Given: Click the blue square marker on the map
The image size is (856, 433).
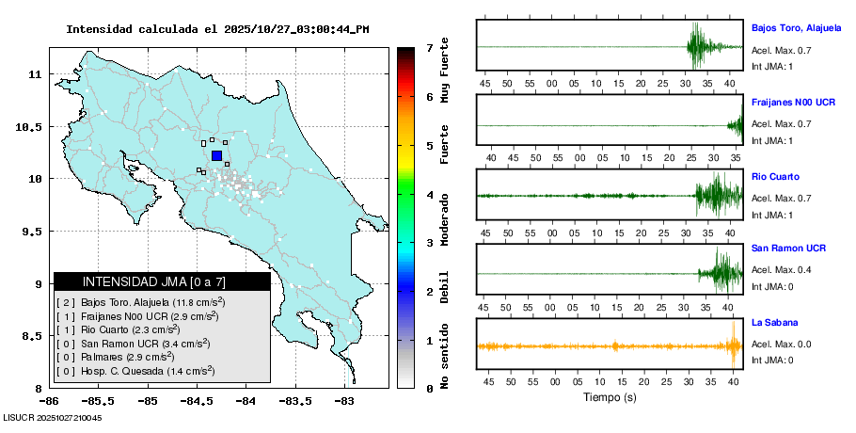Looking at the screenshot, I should click(216, 156).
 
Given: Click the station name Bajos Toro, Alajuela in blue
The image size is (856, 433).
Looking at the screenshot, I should click(796, 28).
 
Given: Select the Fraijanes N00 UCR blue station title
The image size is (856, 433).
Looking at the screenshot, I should click(794, 102).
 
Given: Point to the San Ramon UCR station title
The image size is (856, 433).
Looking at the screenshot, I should click(788, 249).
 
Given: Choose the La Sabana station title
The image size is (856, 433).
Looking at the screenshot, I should click(771, 323).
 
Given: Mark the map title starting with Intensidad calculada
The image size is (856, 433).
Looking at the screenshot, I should click(217, 29).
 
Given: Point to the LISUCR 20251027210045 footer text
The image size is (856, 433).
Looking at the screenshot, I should click(53, 417).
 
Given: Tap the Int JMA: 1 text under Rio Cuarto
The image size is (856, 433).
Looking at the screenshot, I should click(772, 214).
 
